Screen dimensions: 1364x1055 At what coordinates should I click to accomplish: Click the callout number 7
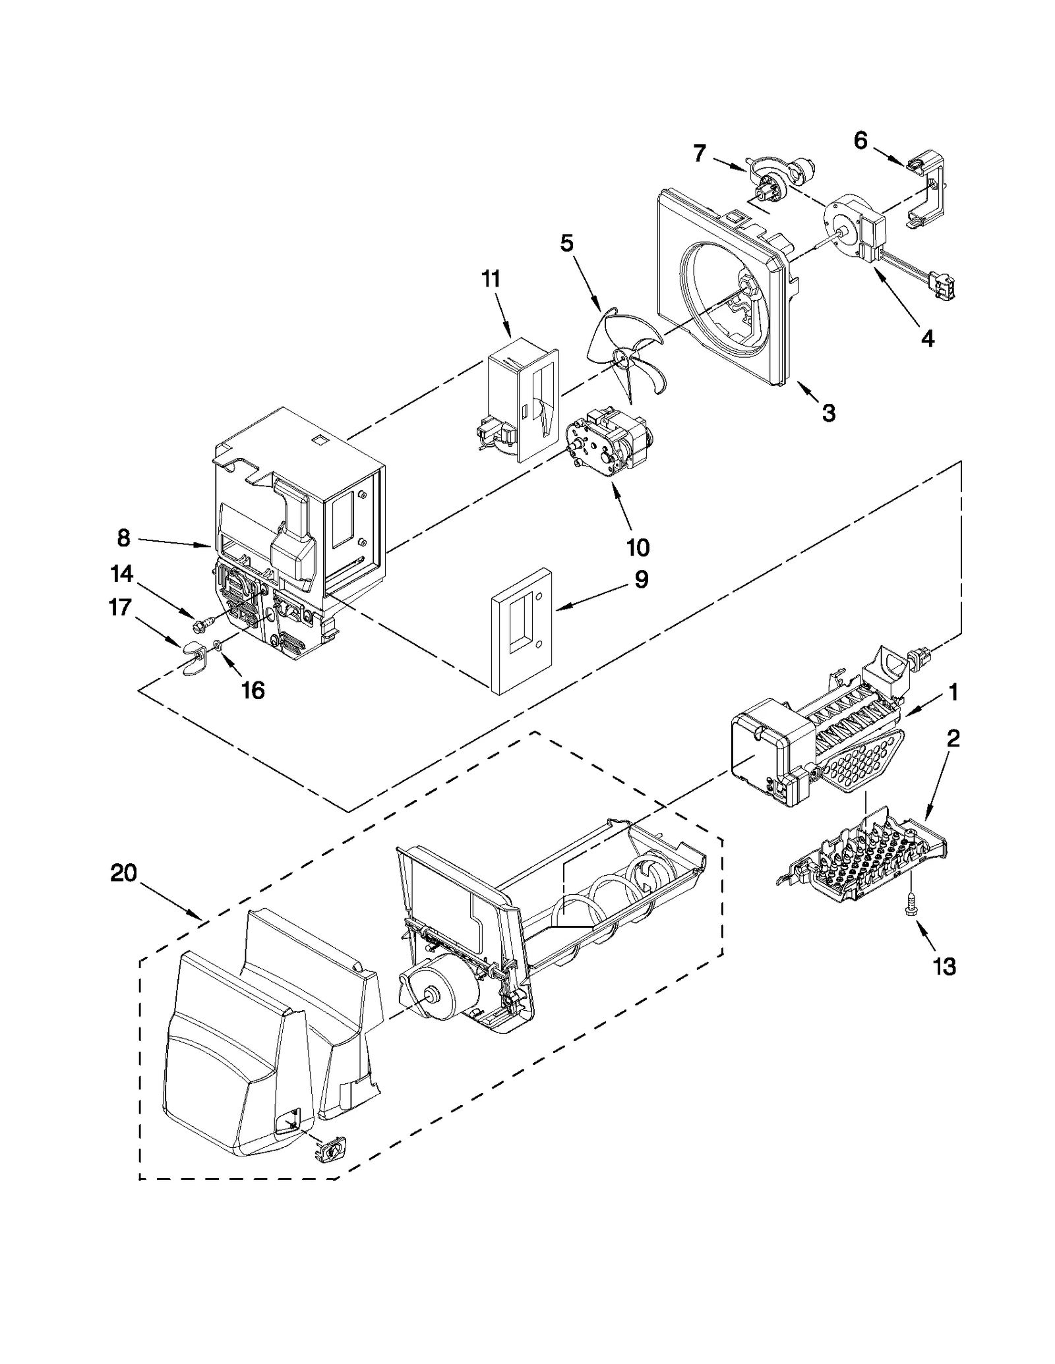pos(700,154)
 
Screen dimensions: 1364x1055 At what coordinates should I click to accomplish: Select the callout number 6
pos(860,140)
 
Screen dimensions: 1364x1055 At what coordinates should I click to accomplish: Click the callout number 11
pos(491,279)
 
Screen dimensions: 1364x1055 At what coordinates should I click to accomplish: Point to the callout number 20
pos(124,874)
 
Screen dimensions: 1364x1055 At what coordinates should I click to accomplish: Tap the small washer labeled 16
pos(218,644)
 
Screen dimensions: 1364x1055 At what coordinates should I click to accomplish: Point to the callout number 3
pos(828,413)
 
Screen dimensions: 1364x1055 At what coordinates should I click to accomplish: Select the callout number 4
pos(927,339)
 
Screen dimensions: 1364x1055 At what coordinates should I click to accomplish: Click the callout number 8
pos(123,538)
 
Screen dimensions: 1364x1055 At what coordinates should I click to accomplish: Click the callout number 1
pos(953,693)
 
